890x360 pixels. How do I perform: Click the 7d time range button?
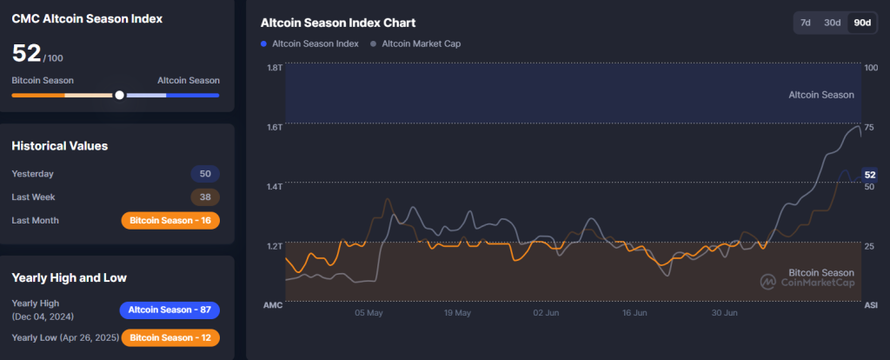tap(806, 23)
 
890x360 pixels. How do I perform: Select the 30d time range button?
tap(833, 23)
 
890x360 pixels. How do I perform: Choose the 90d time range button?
tap(862, 23)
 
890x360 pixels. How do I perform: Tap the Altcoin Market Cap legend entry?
tap(415, 43)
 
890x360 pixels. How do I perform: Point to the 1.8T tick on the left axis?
tap(274, 68)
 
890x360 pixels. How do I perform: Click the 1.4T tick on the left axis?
tap(274, 187)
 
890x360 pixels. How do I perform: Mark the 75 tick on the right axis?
tap(869, 127)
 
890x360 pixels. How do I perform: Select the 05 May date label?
tap(369, 312)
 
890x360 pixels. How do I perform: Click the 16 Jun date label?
tap(635, 312)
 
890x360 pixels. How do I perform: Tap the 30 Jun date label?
tap(724, 312)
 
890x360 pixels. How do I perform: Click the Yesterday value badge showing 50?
tap(205, 174)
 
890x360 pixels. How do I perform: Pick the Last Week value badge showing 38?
tap(205, 197)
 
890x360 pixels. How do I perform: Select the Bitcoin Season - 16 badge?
tap(170, 221)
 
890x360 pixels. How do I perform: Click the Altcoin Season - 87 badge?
tap(169, 310)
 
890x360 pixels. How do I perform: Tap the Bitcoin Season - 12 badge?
tap(170, 337)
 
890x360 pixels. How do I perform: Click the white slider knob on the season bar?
tap(119, 95)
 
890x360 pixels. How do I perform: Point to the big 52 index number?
tap(26, 53)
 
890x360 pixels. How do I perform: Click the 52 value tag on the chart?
tap(869, 176)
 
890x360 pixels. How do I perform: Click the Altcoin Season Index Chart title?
tap(338, 23)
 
